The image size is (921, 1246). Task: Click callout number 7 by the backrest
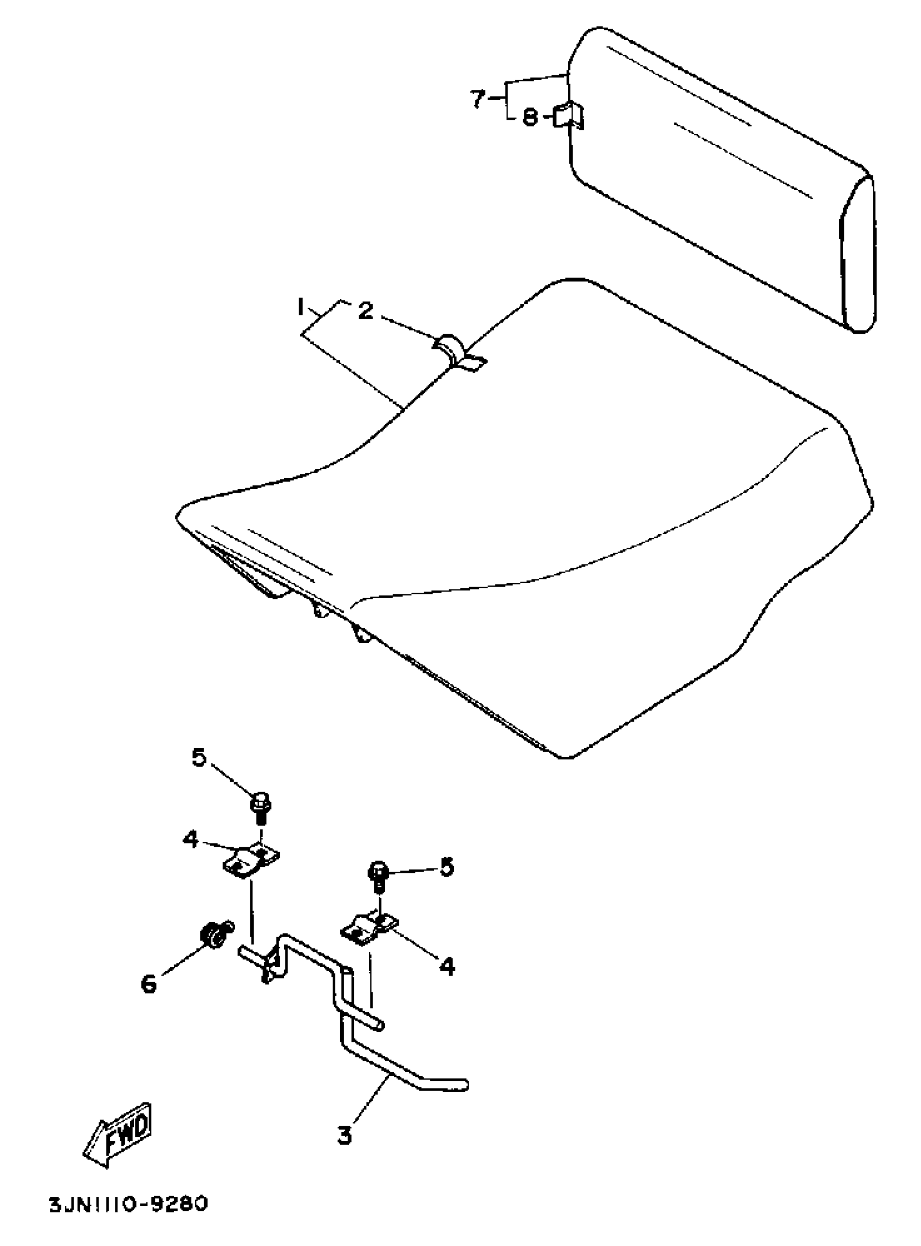[477, 99]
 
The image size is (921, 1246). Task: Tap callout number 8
[530, 118]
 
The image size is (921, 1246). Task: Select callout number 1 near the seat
[301, 307]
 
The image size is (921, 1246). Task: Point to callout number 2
[365, 311]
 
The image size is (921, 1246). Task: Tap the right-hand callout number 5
[447, 867]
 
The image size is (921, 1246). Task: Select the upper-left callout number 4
[191, 840]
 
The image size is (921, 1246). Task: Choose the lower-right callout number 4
[447, 966]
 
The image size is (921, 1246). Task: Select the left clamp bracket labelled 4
[251, 862]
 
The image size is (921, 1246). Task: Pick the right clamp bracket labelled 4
[368, 929]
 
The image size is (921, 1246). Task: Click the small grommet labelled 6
[213, 933]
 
